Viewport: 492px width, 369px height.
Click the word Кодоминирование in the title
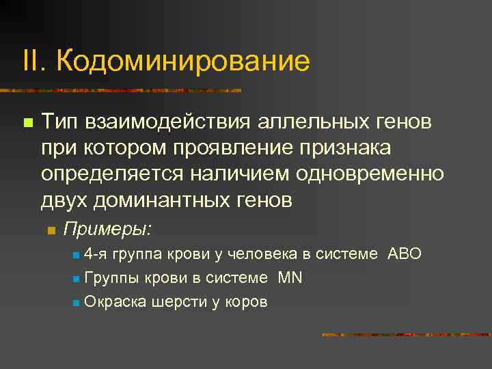point(183,61)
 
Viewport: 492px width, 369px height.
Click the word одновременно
point(370,174)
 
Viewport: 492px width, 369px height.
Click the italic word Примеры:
point(107,229)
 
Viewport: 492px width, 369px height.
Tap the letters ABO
point(405,254)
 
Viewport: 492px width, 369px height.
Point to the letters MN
point(290,277)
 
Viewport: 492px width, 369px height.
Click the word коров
point(246,301)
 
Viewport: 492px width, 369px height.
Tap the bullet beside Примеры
point(50,230)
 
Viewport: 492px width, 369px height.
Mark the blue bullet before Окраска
point(74,302)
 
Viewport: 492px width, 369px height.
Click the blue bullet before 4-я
point(74,255)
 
